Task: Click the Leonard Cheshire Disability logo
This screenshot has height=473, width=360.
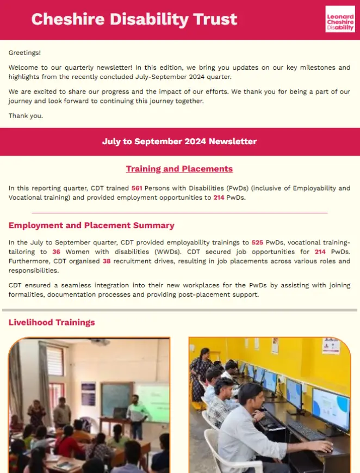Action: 340,19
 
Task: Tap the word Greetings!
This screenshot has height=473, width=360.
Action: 25,53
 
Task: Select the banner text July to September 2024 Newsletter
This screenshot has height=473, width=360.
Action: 179,142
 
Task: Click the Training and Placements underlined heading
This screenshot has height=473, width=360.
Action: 179,169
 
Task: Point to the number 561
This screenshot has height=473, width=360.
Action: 137,188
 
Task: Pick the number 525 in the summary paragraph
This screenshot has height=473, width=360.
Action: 258,243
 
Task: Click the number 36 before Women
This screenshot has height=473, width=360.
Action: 57,252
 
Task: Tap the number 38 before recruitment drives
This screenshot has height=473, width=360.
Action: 107,261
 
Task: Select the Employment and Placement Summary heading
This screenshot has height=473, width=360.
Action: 91,225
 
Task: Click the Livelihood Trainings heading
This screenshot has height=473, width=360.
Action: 52,323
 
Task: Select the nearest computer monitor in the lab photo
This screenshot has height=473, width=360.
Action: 331,409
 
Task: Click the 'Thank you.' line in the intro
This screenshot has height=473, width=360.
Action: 26,116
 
